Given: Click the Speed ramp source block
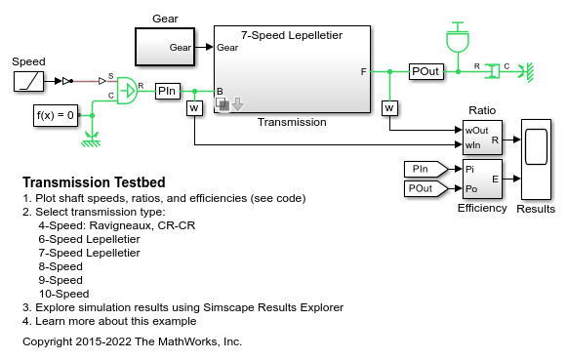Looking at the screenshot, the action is (x=28, y=81).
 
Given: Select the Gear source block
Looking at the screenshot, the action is (x=165, y=47).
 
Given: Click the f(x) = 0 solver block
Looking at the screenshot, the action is (x=56, y=116).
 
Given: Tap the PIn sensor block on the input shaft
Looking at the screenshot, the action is (x=168, y=91).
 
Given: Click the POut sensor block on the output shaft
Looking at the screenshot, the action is (x=426, y=71).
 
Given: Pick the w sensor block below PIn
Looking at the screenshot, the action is (x=194, y=108).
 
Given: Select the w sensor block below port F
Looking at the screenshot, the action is (x=389, y=108).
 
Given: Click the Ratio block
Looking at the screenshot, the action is (x=482, y=138).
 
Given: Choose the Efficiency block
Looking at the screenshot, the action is (x=482, y=179).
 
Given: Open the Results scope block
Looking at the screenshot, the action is (x=537, y=159).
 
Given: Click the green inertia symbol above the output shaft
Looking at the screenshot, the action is (x=458, y=38).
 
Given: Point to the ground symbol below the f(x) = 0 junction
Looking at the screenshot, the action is (x=91, y=140).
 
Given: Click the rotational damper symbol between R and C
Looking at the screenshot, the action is (x=492, y=71).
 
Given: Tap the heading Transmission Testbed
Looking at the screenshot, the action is (x=94, y=182).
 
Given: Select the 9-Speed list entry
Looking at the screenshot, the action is (x=61, y=280).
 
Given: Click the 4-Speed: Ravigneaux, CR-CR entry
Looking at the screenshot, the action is (x=117, y=225).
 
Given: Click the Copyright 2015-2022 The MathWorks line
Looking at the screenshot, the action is (x=132, y=341).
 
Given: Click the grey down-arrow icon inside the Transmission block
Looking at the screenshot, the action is (x=237, y=104).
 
